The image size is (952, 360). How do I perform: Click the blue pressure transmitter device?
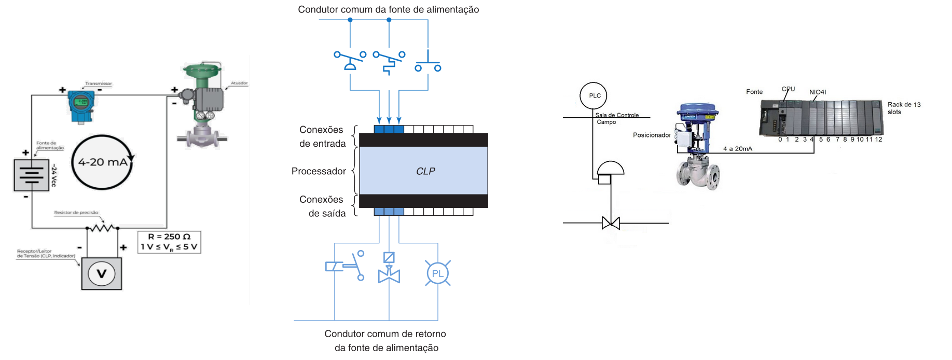pos(81,105)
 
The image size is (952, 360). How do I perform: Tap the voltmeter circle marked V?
pos(102,273)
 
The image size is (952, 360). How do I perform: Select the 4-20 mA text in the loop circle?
pos(103,162)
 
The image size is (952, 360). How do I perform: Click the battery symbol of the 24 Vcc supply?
pos(31,175)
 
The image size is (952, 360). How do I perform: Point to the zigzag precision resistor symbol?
pos(102,227)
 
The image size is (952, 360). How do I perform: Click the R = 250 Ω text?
pos(169,237)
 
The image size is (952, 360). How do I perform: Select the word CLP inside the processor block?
pos(425,171)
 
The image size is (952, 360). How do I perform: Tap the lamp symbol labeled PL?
pos(438,273)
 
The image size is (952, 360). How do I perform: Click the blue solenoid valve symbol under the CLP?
pos(389,268)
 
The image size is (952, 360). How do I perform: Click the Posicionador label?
pos(652,135)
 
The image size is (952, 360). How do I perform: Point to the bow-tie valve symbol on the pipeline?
pos(611,223)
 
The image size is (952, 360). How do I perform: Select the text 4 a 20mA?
pos(737,149)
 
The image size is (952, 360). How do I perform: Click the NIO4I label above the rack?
pos(818,92)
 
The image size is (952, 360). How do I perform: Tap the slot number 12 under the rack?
pos(878,140)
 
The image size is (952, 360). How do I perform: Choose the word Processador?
pos(319,171)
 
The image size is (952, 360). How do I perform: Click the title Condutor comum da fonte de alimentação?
pos(388,9)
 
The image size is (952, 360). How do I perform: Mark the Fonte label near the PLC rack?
pos(754,92)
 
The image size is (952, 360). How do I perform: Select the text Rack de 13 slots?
pos(904,108)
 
